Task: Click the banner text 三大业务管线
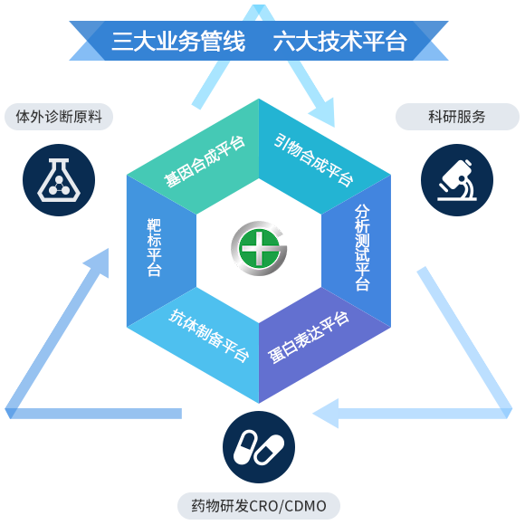coord(178,41)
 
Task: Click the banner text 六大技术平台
coord(340,41)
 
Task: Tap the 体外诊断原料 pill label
coord(59,117)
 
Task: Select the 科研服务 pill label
coord(457,117)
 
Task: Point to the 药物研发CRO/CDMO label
coord(259,506)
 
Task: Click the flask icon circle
coord(59,180)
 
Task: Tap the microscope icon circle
coord(457,180)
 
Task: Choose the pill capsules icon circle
coord(259,447)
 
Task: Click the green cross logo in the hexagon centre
coord(259,248)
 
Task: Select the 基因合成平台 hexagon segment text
coord(205,162)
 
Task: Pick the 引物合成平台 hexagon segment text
coord(314,159)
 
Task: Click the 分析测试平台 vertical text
coord(362,248)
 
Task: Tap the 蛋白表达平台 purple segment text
coord(309,338)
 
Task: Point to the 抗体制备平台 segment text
coord(208,336)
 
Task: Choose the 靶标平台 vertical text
coord(155,247)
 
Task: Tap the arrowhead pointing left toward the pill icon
coord(326,414)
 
